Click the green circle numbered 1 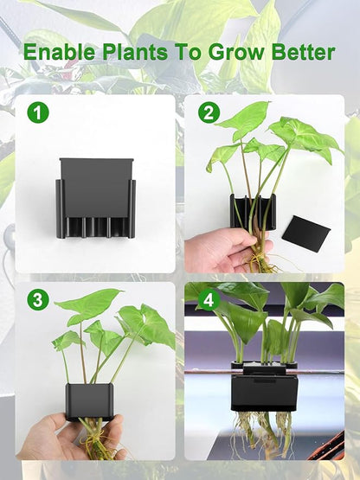(x=35, y=112)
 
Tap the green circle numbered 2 (x=208, y=112)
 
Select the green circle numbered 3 (x=35, y=300)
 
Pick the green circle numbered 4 (x=208, y=300)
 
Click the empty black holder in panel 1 (x=95, y=199)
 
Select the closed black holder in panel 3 (x=90, y=401)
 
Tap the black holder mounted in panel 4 (x=265, y=389)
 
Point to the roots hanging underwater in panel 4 (x=264, y=432)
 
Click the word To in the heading (x=190, y=52)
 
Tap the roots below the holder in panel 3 (x=93, y=437)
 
